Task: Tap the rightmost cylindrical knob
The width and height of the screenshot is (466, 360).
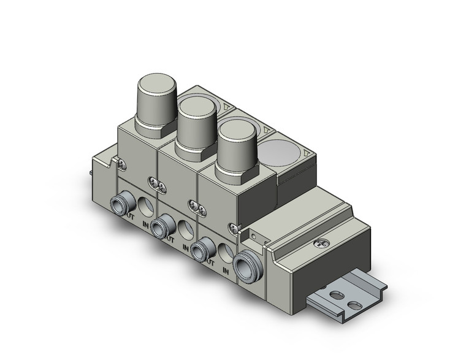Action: tap(237, 145)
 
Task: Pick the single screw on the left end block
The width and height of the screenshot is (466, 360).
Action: tap(123, 164)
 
